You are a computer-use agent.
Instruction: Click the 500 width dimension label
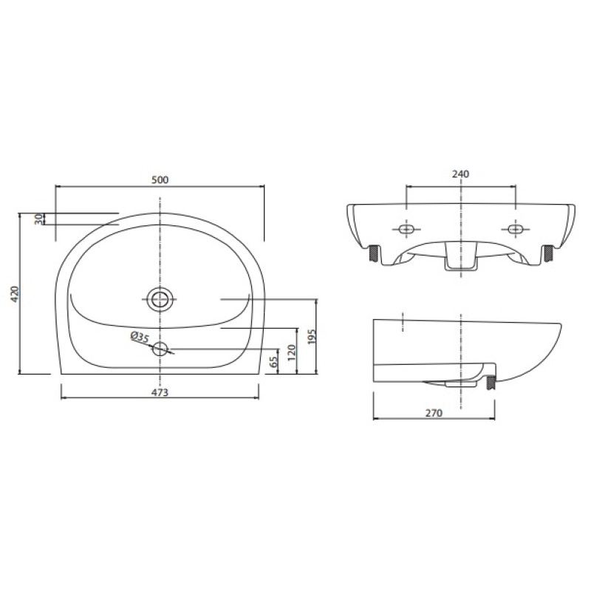pos(160,180)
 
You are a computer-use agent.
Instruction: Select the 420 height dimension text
pos(15,294)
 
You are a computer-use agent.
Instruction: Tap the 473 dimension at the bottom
pos(160,392)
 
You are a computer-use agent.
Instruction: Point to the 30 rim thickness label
pos(38,219)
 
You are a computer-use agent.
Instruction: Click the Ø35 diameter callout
pos(140,337)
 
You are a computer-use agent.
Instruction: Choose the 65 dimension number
pos(274,361)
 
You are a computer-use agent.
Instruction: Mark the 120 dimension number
pos(292,353)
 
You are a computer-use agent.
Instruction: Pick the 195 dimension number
pos(312,336)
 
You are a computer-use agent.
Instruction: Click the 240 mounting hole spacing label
pos(460,174)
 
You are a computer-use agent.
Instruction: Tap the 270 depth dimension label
pos(434,413)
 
